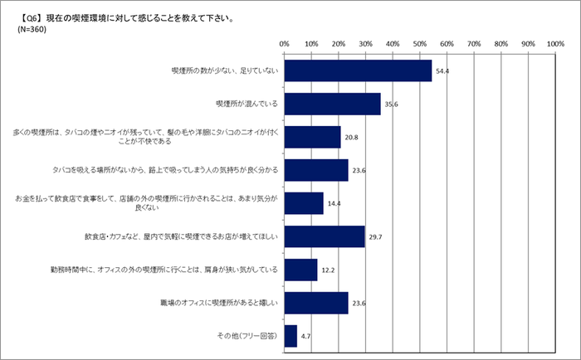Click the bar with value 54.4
tap(358, 71)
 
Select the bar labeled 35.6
tap(332, 104)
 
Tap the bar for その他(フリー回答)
tap(290, 336)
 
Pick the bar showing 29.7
tap(325, 236)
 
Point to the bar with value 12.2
tap(300, 270)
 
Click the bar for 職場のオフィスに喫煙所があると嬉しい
tap(316, 303)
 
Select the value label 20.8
tap(351, 138)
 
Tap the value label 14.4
tap(334, 204)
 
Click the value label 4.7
tap(306, 337)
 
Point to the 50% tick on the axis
tap(420, 43)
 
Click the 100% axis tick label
tap(554, 43)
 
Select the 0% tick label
tap(284, 43)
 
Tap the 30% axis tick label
tap(365, 43)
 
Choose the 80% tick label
tap(500, 43)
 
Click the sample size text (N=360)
tap(32, 29)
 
